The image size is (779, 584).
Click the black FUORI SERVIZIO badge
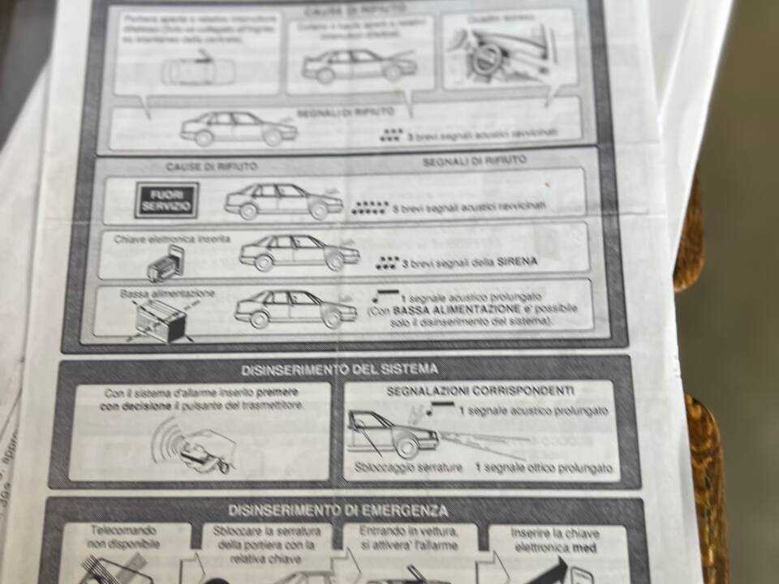click(x=166, y=200)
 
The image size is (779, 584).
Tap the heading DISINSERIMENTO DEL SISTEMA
click(x=340, y=370)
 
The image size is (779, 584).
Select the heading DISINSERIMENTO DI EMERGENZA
click(x=338, y=510)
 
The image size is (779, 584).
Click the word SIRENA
click(x=517, y=262)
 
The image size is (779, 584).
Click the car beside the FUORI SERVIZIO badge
click(x=284, y=201)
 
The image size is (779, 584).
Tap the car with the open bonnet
click(x=354, y=65)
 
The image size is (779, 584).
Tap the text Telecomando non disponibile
click(x=124, y=536)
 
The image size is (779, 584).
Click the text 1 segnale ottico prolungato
click(x=543, y=468)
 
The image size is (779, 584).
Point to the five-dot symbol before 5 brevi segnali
click(x=371, y=208)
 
